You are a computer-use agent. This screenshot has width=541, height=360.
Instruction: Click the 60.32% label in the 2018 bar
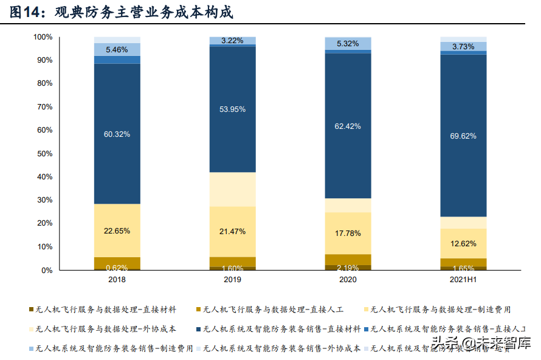coord(117,134)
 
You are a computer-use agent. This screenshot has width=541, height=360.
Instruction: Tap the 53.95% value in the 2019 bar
coord(232,109)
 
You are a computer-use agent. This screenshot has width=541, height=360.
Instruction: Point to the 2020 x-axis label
coord(348,279)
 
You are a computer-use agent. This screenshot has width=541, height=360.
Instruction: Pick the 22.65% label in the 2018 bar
coord(117,231)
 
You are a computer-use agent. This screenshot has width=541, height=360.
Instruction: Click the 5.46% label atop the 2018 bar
coord(117,50)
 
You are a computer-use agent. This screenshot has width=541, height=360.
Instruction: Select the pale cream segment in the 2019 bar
coord(232,189)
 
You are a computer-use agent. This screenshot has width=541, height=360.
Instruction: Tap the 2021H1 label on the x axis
coord(463,279)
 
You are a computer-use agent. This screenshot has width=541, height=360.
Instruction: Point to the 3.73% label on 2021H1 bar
coord(463,47)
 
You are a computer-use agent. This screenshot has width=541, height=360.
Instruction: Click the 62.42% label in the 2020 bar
coord(348,126)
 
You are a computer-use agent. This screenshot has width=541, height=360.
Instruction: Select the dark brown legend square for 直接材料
coord(32,309)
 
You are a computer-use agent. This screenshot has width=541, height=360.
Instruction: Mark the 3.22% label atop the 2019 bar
coord(232,41)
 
